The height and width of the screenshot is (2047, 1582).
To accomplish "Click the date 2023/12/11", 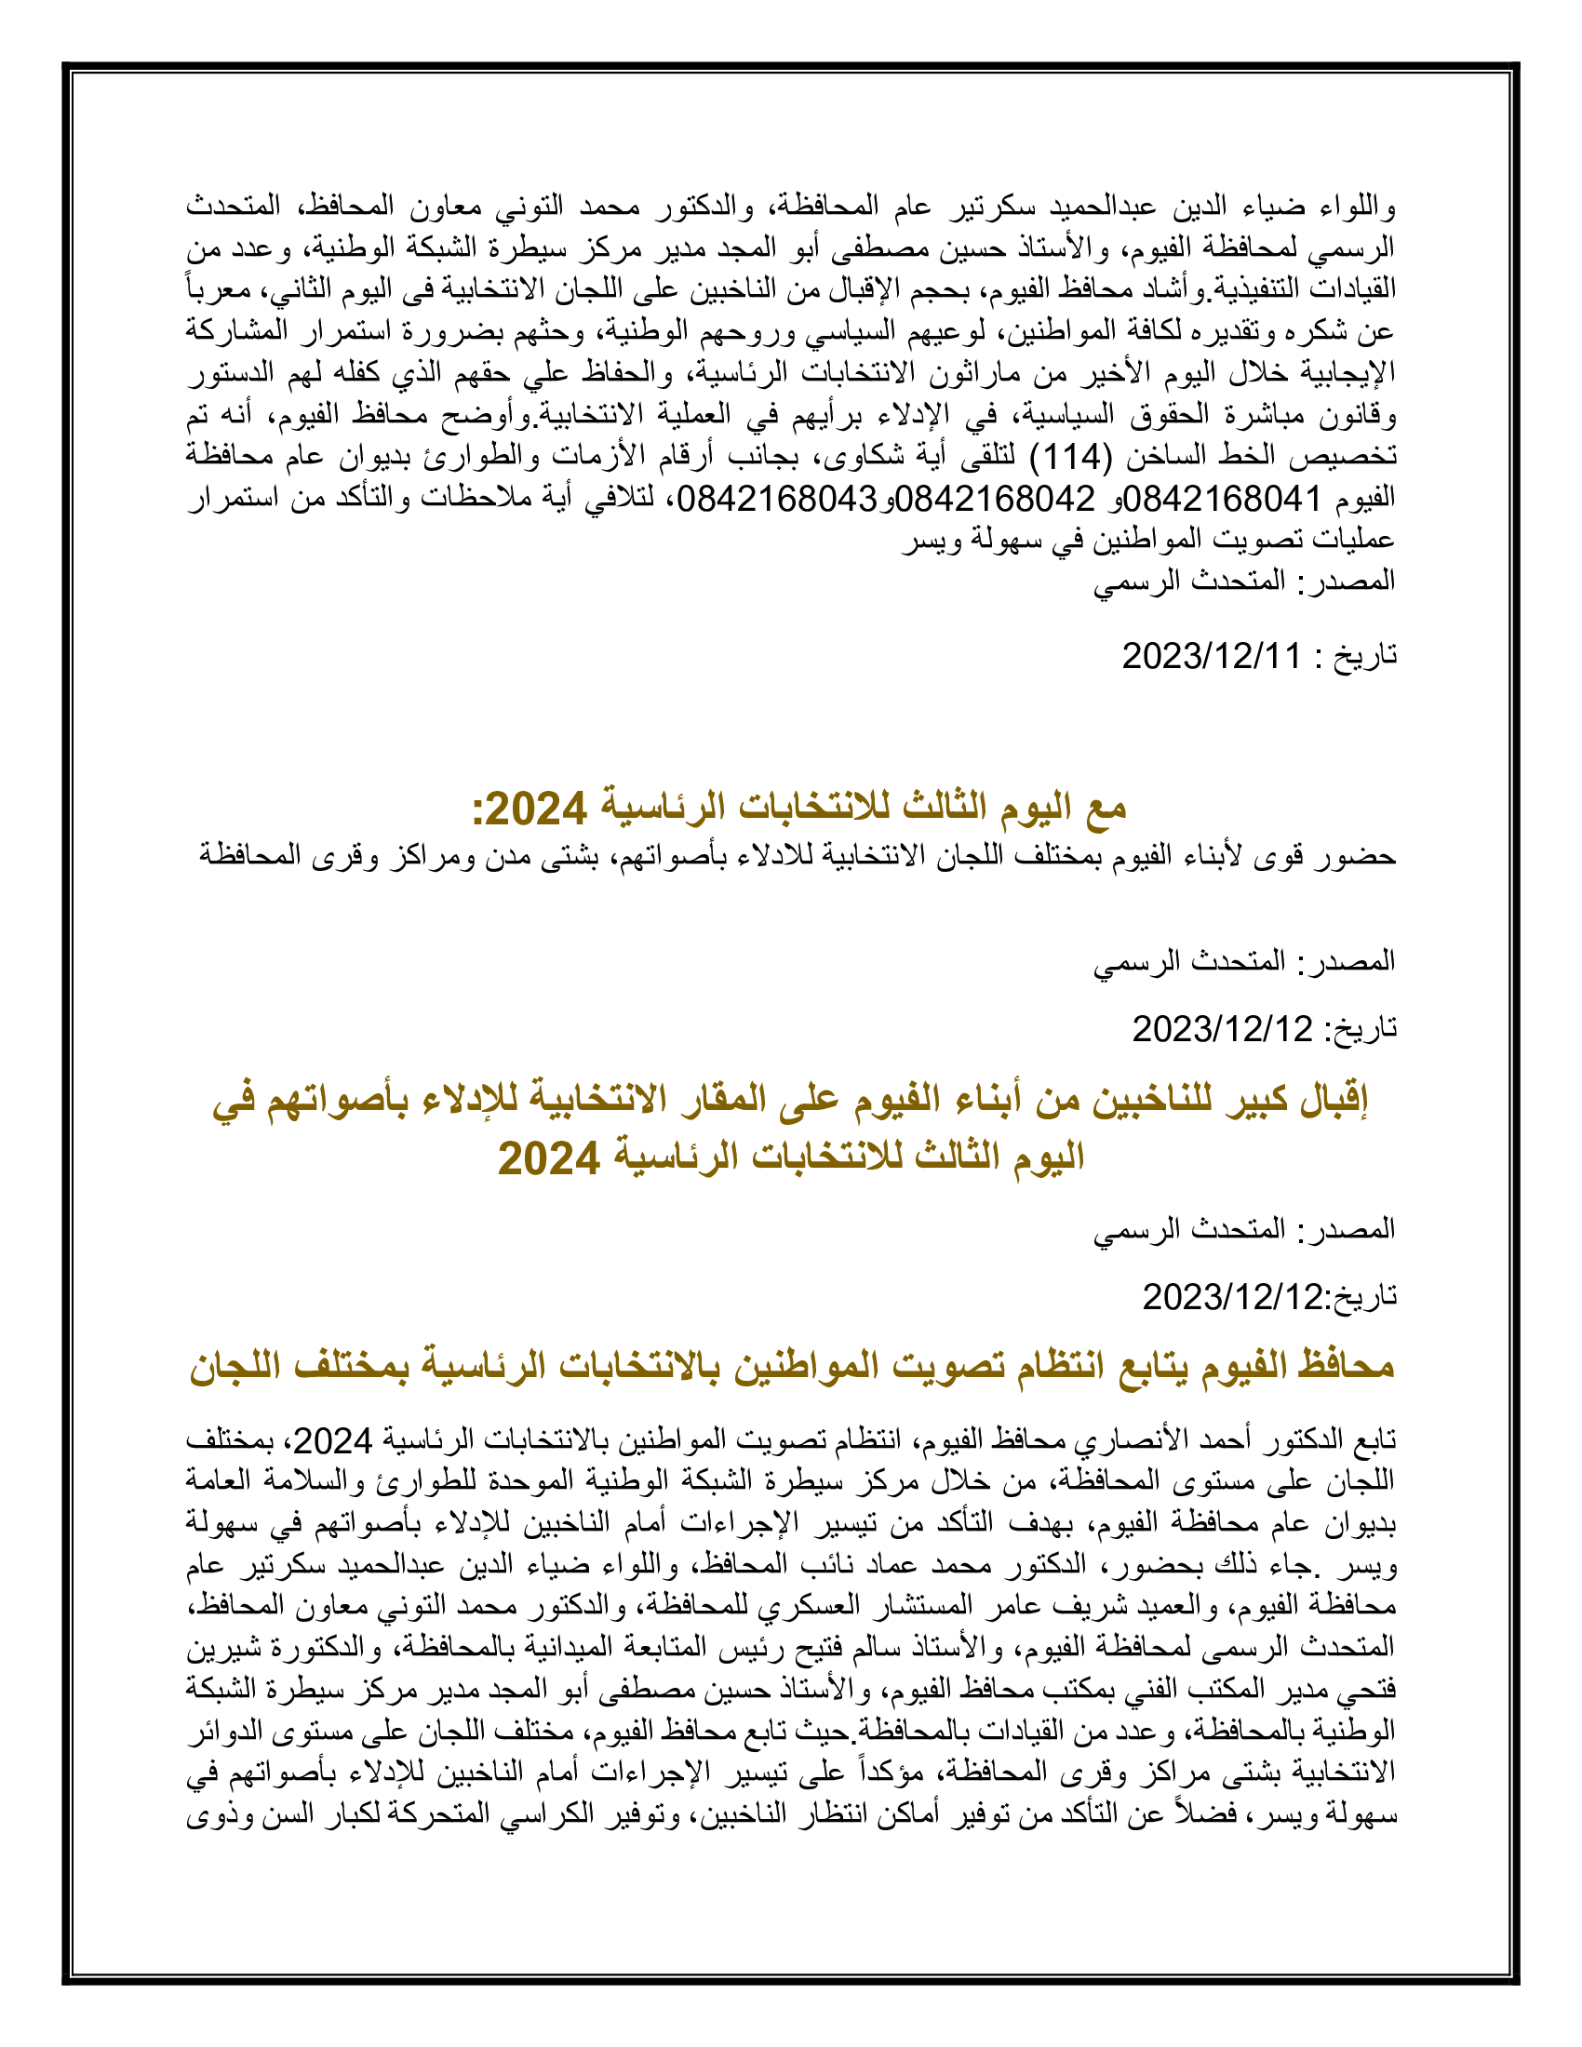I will [x=1211, y=656].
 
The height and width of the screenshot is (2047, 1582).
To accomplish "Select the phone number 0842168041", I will [x=1228, y=499].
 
